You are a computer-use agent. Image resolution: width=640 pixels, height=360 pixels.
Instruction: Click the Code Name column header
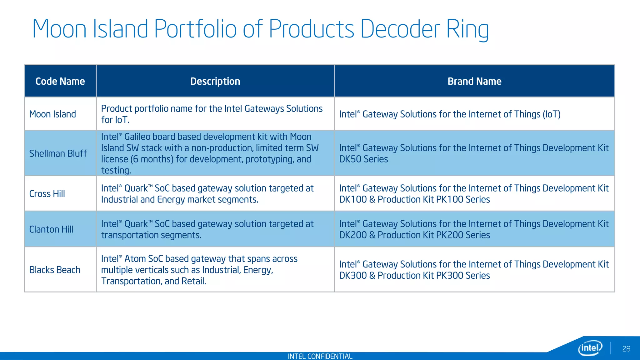(x=60, y=81)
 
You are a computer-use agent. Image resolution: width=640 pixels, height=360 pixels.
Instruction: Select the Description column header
(x=215, y=81)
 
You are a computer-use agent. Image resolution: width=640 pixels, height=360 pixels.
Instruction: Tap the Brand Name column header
(x=474, y=81)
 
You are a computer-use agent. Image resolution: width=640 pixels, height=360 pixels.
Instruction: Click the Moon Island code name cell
(x=52, y=114)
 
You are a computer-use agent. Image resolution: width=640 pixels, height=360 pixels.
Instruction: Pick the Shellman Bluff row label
(x=58, y=153)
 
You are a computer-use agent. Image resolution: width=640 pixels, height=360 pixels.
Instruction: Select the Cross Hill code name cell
(x=47, y=194)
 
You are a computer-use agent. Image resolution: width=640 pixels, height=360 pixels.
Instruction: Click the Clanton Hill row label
(x=51, y=229)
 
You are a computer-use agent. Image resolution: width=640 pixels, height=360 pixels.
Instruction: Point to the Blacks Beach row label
(x=55, y=270)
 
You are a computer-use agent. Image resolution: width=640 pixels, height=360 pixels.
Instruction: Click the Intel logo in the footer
(x=590, y=348)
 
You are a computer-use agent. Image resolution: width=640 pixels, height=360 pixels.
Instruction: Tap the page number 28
(x=626, y=349)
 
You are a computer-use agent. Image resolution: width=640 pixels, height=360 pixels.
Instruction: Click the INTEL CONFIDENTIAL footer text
(x=320, y=356)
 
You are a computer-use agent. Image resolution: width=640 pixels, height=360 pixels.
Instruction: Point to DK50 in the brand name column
(x=350, y=159)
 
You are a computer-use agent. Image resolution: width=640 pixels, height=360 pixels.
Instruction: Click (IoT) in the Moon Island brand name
(x=552, y=114)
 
